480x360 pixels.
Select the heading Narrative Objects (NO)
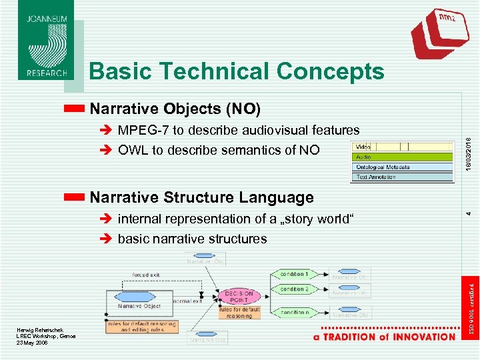pos(175,108)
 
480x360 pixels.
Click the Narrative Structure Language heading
pos(201,197)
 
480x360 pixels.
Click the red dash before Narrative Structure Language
pos(75,197)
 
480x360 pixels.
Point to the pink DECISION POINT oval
pos(239,296)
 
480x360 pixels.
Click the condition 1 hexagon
pos(294,274)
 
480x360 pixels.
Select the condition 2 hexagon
pos(294,289)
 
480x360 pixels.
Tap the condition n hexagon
pos(294,312)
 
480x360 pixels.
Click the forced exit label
pos(145,273)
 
